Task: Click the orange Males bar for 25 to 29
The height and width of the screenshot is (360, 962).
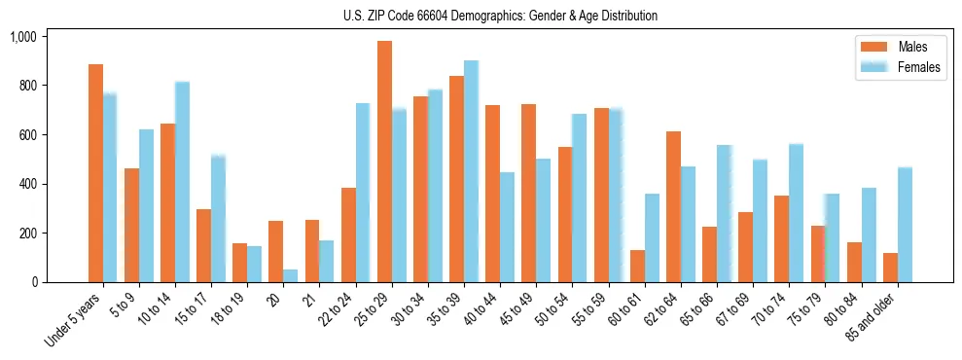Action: pos(384,162)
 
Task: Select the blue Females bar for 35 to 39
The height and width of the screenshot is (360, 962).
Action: pos(471,171)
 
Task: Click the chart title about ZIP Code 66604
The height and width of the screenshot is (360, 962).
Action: pos(500,16)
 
